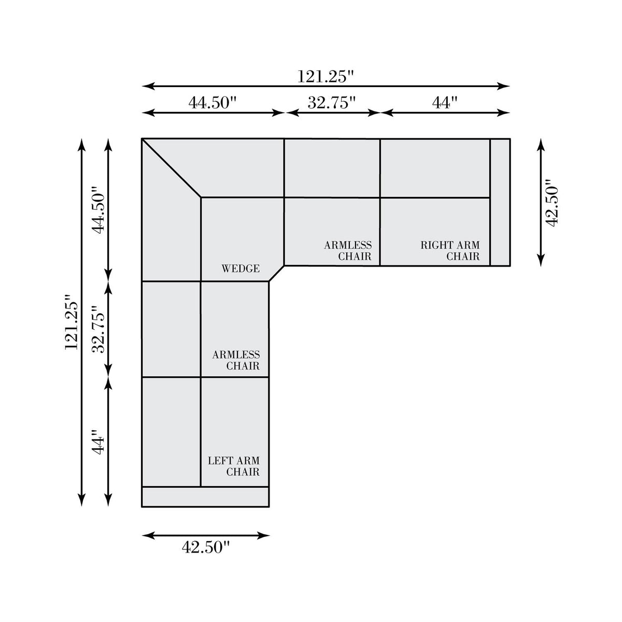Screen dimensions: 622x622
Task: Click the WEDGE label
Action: [x=241, y=268]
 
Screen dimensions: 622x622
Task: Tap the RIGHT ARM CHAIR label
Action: [x=450, y=251]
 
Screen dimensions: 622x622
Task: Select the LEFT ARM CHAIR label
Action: [x=234, y=466]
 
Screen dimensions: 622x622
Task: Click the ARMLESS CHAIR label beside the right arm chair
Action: [x=348, y=251]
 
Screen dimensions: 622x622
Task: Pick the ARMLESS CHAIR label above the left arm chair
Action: [x=236, y=360]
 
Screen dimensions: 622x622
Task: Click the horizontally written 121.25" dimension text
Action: [x=326, y=77]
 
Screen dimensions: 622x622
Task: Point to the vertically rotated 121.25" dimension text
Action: [x=72, y=321]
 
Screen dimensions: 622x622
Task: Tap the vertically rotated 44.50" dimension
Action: [x=98, y=209]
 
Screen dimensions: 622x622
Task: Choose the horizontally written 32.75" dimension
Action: [x=332, y=103]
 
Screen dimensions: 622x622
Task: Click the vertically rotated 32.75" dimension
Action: [x=98, y=329]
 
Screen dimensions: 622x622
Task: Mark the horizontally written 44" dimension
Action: [x=445, y=103]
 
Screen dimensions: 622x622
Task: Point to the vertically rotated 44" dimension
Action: [x=98, y=442]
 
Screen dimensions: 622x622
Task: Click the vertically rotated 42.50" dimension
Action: [x=552, y=203]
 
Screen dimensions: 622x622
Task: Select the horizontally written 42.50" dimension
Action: [x=206, y=547]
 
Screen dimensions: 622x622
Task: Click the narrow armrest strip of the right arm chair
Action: [x=500, y=202]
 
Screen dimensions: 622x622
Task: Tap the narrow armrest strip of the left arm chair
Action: [x=205, y=497]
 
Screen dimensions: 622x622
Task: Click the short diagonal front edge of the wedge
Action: [x=276, y=274]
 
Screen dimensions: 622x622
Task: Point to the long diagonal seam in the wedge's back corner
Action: [x=172, y=168]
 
